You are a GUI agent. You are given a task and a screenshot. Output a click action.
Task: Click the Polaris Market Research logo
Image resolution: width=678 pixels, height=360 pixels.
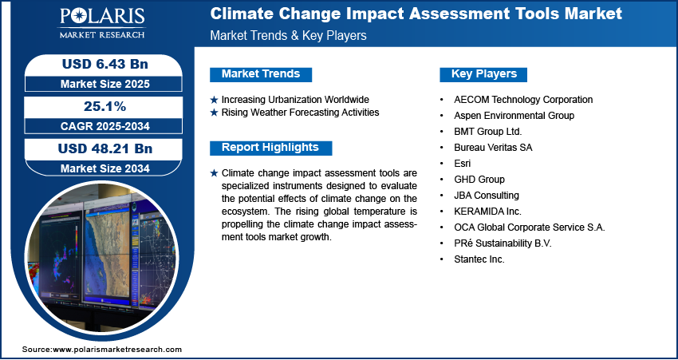point(102,23)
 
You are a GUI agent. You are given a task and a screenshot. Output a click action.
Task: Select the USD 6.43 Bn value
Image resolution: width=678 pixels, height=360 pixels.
point(105,64)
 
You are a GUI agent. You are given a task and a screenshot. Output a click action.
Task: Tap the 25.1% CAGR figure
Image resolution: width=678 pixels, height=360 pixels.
point(104,106)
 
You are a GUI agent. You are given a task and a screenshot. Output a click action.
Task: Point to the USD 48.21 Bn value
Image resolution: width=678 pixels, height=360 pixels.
point(105,148)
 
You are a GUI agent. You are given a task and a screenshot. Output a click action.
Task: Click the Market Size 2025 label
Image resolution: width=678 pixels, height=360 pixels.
point(105,84)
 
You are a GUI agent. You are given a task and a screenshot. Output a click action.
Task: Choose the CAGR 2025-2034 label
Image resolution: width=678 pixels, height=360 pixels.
point(105,126)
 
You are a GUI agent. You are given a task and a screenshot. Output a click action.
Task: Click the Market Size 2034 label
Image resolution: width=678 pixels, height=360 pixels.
point(105,168)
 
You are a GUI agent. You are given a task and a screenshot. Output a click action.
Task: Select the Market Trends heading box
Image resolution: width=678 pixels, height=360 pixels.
point(261,74)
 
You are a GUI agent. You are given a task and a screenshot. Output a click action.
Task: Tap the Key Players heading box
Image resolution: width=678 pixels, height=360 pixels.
point(483,74)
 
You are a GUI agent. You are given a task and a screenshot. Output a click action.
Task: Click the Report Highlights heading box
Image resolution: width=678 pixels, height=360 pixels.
point(270,148)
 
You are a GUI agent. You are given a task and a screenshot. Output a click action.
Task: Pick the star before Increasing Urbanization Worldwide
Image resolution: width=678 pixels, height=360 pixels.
point(214,100)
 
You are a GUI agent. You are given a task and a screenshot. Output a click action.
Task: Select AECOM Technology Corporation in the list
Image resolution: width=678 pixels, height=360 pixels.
point(523,100)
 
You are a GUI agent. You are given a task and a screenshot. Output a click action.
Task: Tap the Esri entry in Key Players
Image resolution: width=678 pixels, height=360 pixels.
point(462,164)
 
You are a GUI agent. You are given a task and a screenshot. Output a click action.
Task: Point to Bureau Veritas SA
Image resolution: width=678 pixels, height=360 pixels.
point(493,148)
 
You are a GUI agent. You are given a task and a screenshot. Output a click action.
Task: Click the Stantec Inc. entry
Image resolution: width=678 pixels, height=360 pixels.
point(479,259)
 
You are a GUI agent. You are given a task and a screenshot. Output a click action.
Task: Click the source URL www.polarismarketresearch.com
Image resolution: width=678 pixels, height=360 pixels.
point(117,349)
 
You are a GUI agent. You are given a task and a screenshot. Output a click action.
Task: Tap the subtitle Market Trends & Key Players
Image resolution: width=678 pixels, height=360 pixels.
point(289,35)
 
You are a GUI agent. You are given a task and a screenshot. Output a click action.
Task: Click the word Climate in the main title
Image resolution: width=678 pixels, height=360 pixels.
point(241,14)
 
